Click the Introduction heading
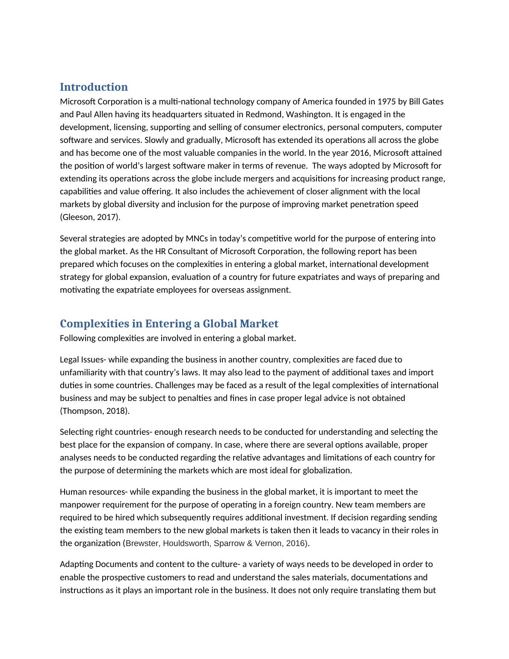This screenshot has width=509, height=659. [94, 87]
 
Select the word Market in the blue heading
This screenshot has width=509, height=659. [259, 324]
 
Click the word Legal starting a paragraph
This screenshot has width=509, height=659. [69, 359]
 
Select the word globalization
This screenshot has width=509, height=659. [327, 470]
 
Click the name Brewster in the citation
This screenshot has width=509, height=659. [143, 543]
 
